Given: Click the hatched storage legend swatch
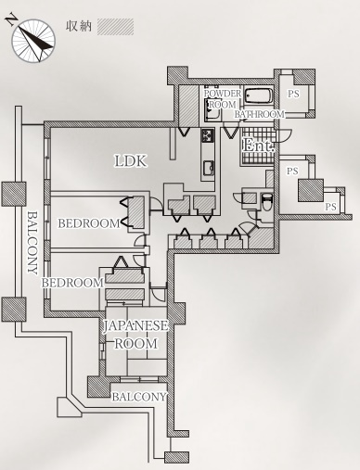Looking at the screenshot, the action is pyautogui.click(x=115, y=27).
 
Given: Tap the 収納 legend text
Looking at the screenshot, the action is pyautogui.click(x=79, y=26).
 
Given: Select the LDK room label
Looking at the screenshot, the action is pyautogui.click(x=130, y=161).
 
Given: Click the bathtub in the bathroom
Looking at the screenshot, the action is pyautogui.click(x=259, y=96).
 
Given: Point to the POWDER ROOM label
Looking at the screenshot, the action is pyautogui.click(x=223, y=99).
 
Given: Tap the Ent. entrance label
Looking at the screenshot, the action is pyautogui.click(x=258, y=145).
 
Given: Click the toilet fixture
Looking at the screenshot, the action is pyautogui.click(x=266, y=201).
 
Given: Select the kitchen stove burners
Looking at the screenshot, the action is pyautogui.click(x=208, y=135).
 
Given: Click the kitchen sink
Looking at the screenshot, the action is pyautogui.click(x=209, y=168).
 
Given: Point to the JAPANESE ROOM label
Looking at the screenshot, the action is pyautogui.click(x=135, y=335).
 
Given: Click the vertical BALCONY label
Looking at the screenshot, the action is pyautogui.click(x=32, y=243).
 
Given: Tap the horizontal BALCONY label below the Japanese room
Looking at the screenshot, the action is pyautogui.click(x=139, y=397).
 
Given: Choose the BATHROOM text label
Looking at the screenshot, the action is pyautogui.click(x=259, y=114).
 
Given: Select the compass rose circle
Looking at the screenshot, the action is pyautogui.click(x=33, y=41).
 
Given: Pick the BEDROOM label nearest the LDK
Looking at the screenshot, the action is pyautogui.click(x=89, y=223).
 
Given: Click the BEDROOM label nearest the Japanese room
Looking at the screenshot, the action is pyautogui.click(x=72, y=283).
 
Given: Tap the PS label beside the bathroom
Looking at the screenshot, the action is pyautogui.click(x=293, y=94).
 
